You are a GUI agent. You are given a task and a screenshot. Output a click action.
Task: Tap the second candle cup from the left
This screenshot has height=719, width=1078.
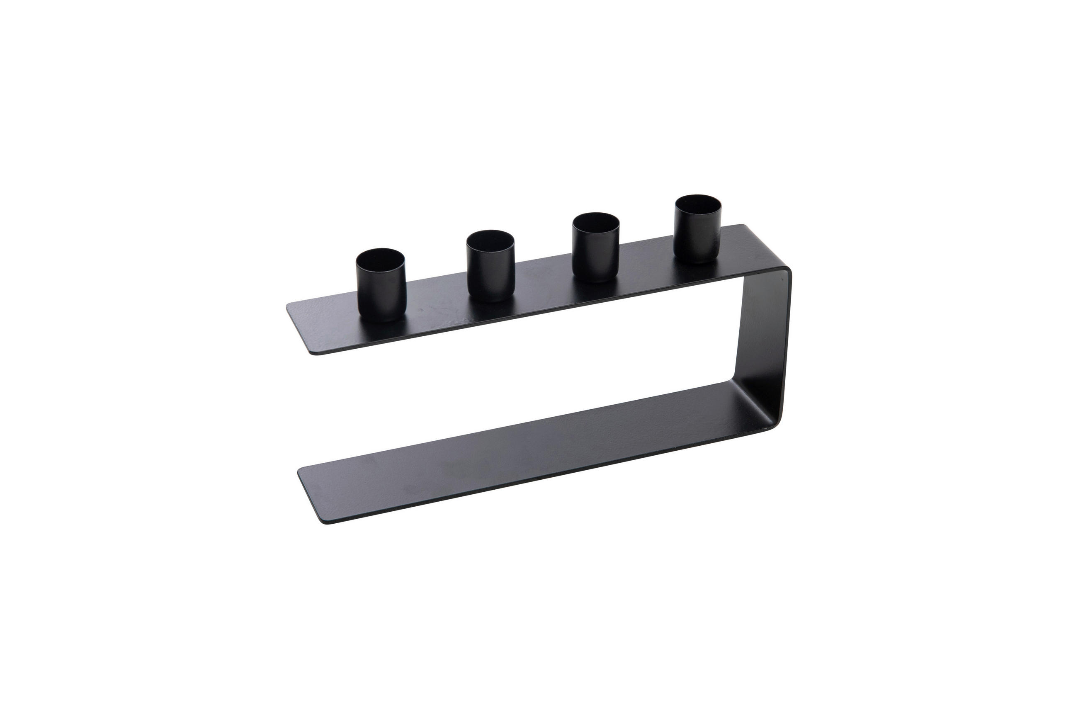click(490, 268)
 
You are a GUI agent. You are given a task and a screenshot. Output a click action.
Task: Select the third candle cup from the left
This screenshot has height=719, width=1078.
click(596, 250)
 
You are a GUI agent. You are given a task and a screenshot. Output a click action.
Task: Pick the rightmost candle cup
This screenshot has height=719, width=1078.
click(697, 231)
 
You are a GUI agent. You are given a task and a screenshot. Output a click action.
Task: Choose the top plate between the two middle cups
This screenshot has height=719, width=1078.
click(544, 284)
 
